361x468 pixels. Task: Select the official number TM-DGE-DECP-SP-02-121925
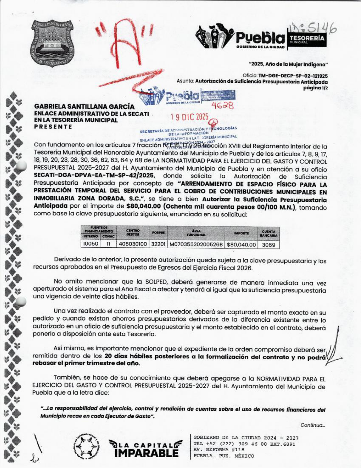293,76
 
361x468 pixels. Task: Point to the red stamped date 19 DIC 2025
190,117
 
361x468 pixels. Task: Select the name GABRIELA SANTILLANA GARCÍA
84,107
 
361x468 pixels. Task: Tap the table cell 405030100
133,244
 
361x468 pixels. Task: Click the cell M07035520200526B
196,244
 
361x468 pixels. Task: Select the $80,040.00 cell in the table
241,244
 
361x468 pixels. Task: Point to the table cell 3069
268,244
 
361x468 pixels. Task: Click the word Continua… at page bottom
313,425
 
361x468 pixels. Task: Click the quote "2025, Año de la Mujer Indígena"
288,64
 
